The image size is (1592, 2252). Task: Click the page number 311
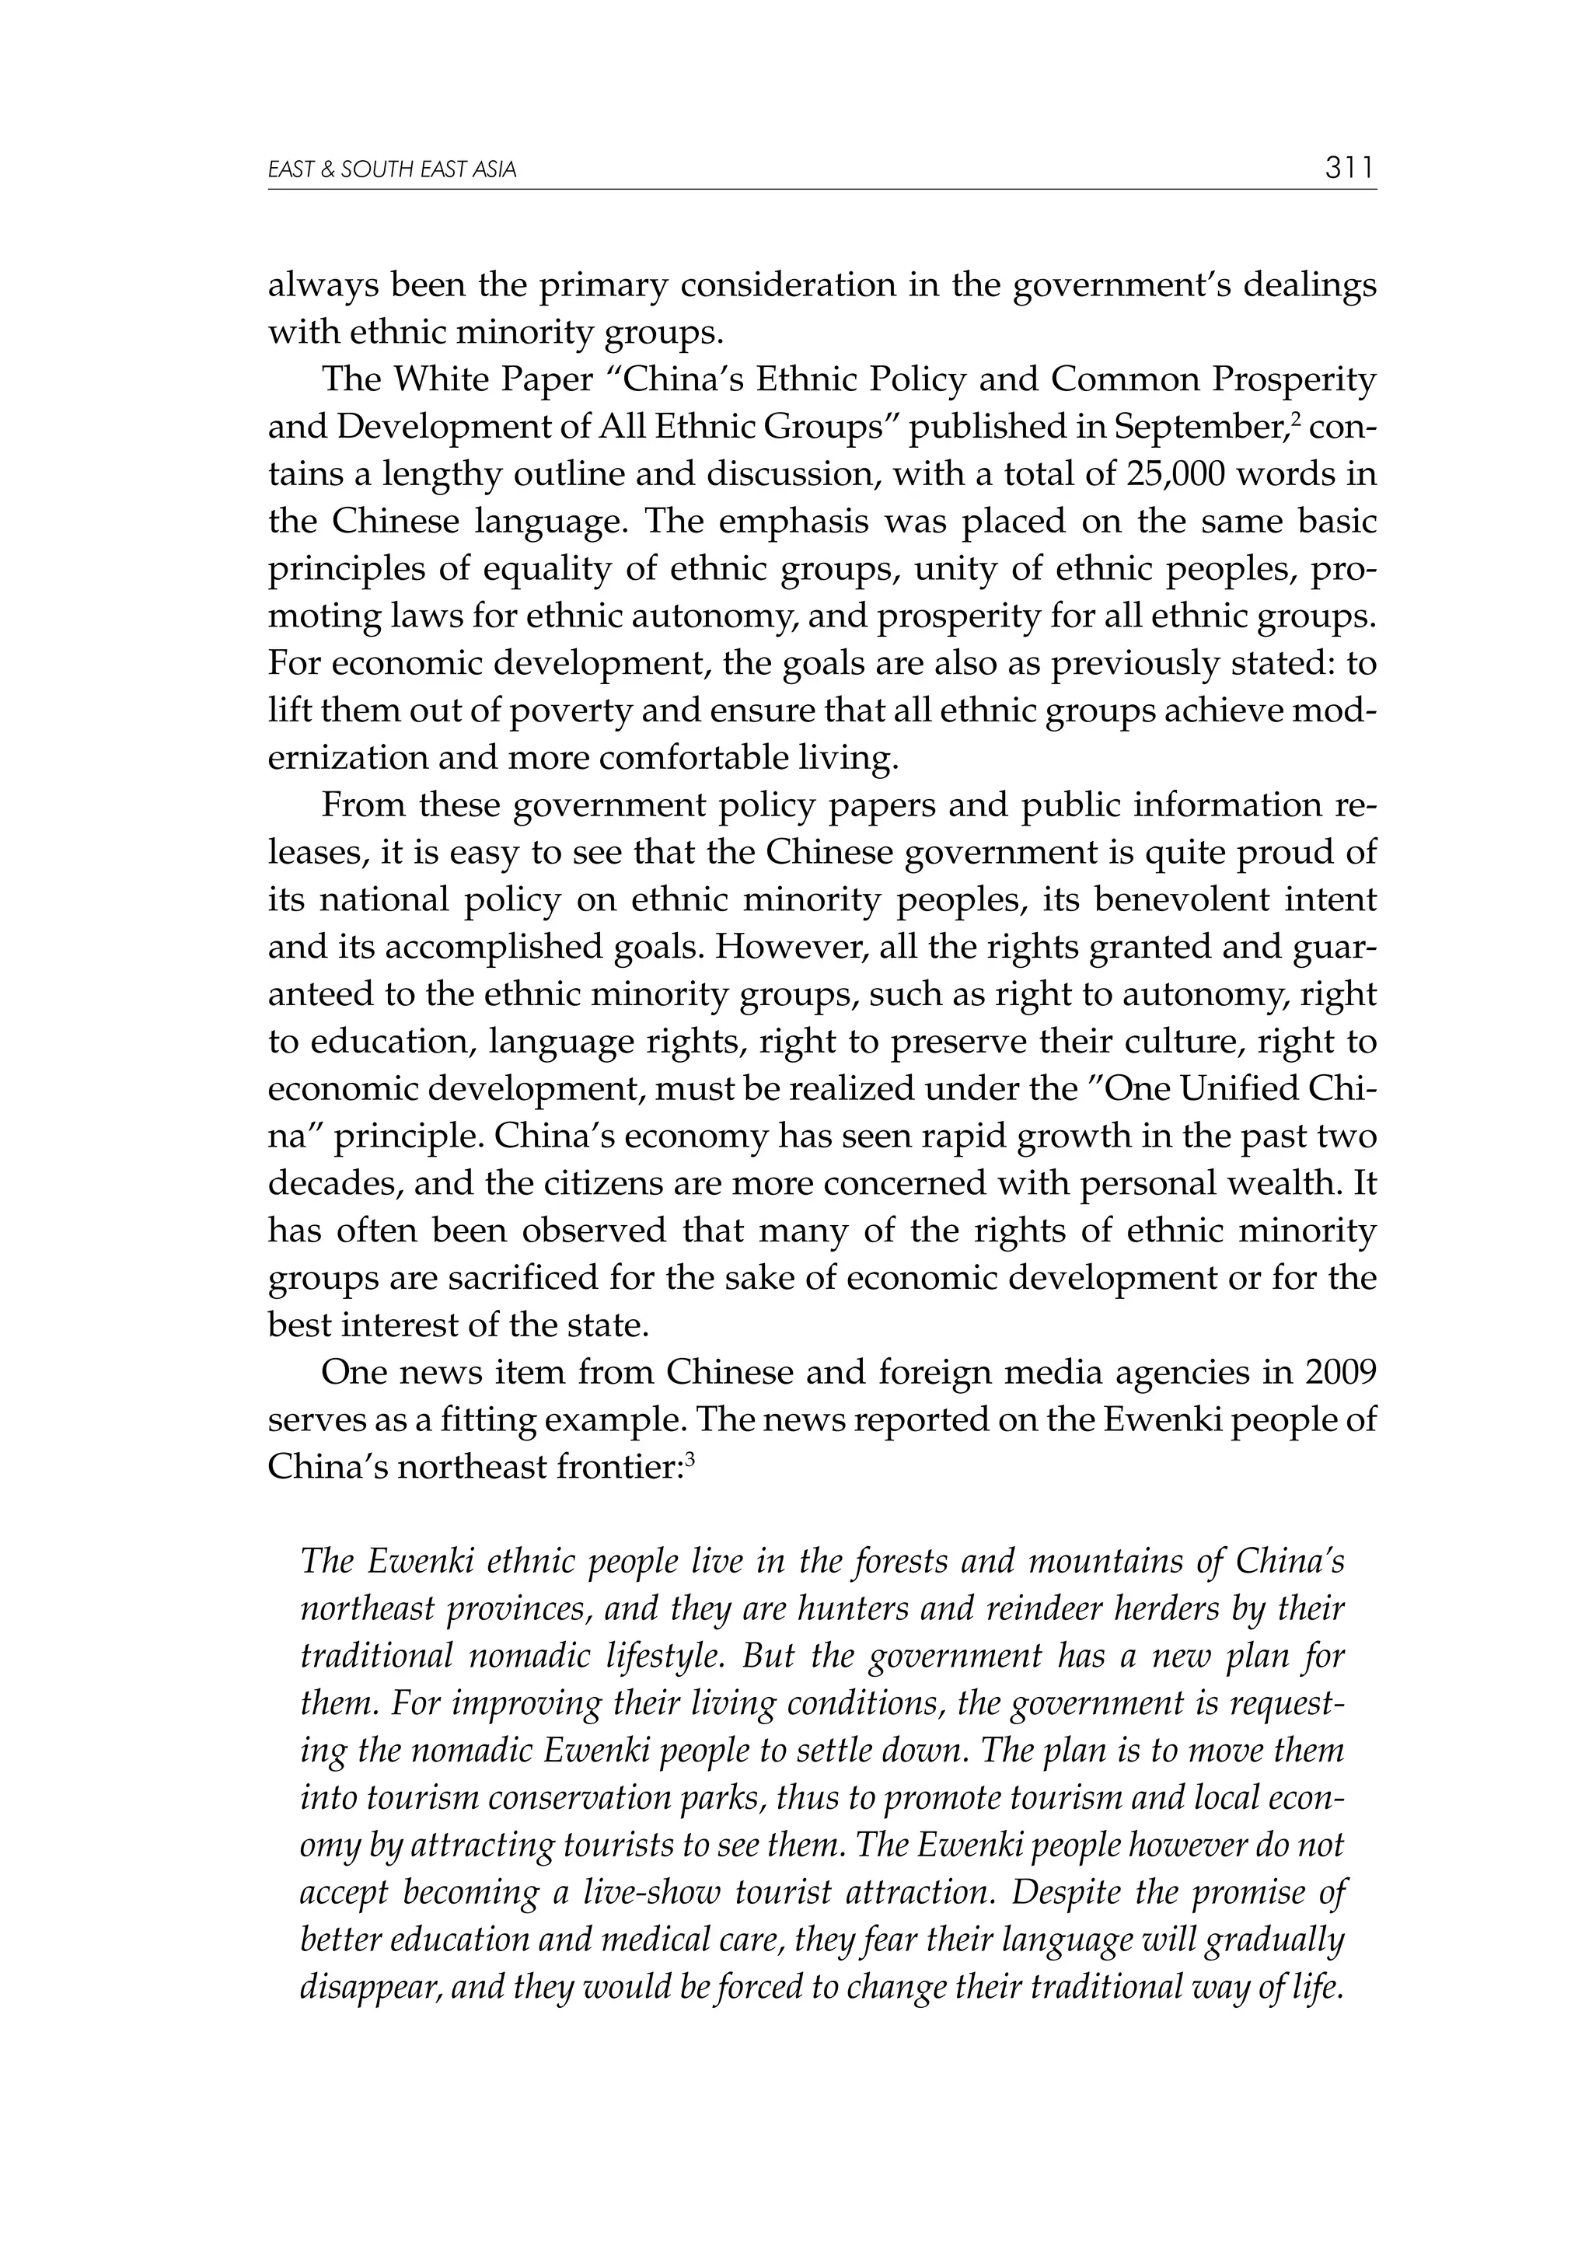point(1349,169)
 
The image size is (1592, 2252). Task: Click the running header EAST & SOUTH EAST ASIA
point(393,171)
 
